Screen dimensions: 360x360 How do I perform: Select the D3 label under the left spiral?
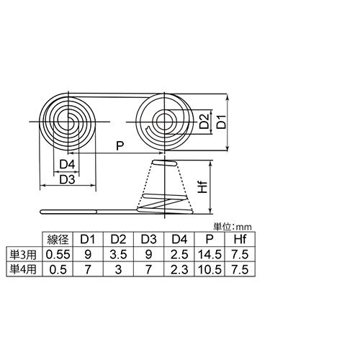coord(68,179)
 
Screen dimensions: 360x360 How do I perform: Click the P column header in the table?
coord(208,240)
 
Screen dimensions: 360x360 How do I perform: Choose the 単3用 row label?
coord(22,254)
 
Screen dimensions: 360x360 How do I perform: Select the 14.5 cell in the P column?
coord(208,254)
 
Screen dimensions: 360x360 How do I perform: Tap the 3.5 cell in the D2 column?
coord(117,254)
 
